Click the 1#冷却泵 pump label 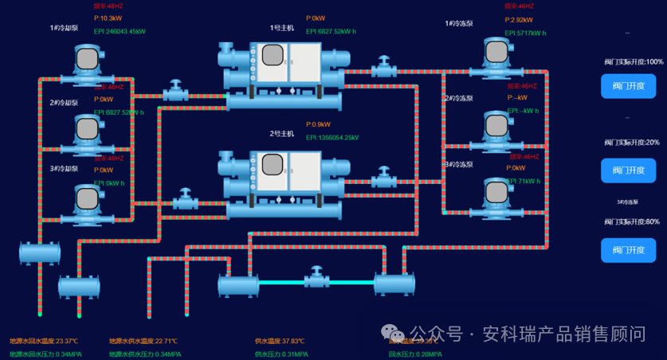click(x=64, y=28)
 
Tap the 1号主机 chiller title click(x=281, y=28)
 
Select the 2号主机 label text click(x=281, y=134)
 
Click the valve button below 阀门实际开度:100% click(x=628, y=86)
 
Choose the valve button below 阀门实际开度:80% click(x=628, y=250)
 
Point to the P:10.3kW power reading click(x=108, y=18)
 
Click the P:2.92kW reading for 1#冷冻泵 click(x=519, y=20)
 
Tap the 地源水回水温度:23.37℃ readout click(x=44, y=341)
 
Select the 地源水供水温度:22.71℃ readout click(x=143, y=341)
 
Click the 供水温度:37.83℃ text click(x=281, y=341)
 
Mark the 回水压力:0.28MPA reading click(x=414, y=354)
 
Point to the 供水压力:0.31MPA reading click(x=281, y=354)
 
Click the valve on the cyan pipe click(x=316, y=280)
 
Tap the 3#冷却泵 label click(x=64, y=169)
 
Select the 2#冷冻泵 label click(x=458, y=99)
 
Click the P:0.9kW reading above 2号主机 click(x=318, y=124)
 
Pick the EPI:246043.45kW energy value click(x=120, y=32)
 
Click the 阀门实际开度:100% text click(x=634, y=61)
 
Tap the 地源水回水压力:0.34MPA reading click(x=45, y=354)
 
